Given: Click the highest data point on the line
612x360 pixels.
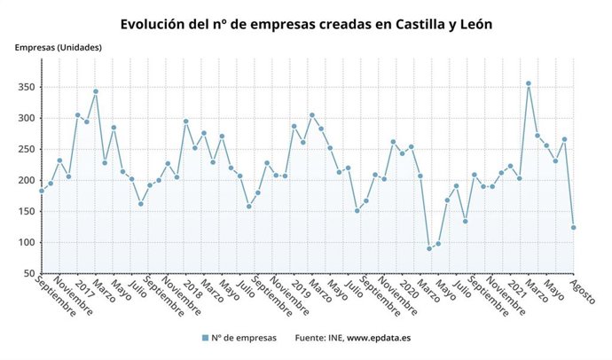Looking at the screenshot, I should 529,83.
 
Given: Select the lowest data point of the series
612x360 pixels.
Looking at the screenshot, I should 429,248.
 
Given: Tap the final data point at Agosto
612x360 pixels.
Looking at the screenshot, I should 574,228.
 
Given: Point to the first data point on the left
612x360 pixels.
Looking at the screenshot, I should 41,191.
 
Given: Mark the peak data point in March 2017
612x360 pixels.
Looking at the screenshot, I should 96,91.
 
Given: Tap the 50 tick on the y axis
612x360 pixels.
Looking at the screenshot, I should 28,273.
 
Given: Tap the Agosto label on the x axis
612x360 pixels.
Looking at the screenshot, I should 584,292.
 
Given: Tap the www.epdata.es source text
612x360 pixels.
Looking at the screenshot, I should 378,338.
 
